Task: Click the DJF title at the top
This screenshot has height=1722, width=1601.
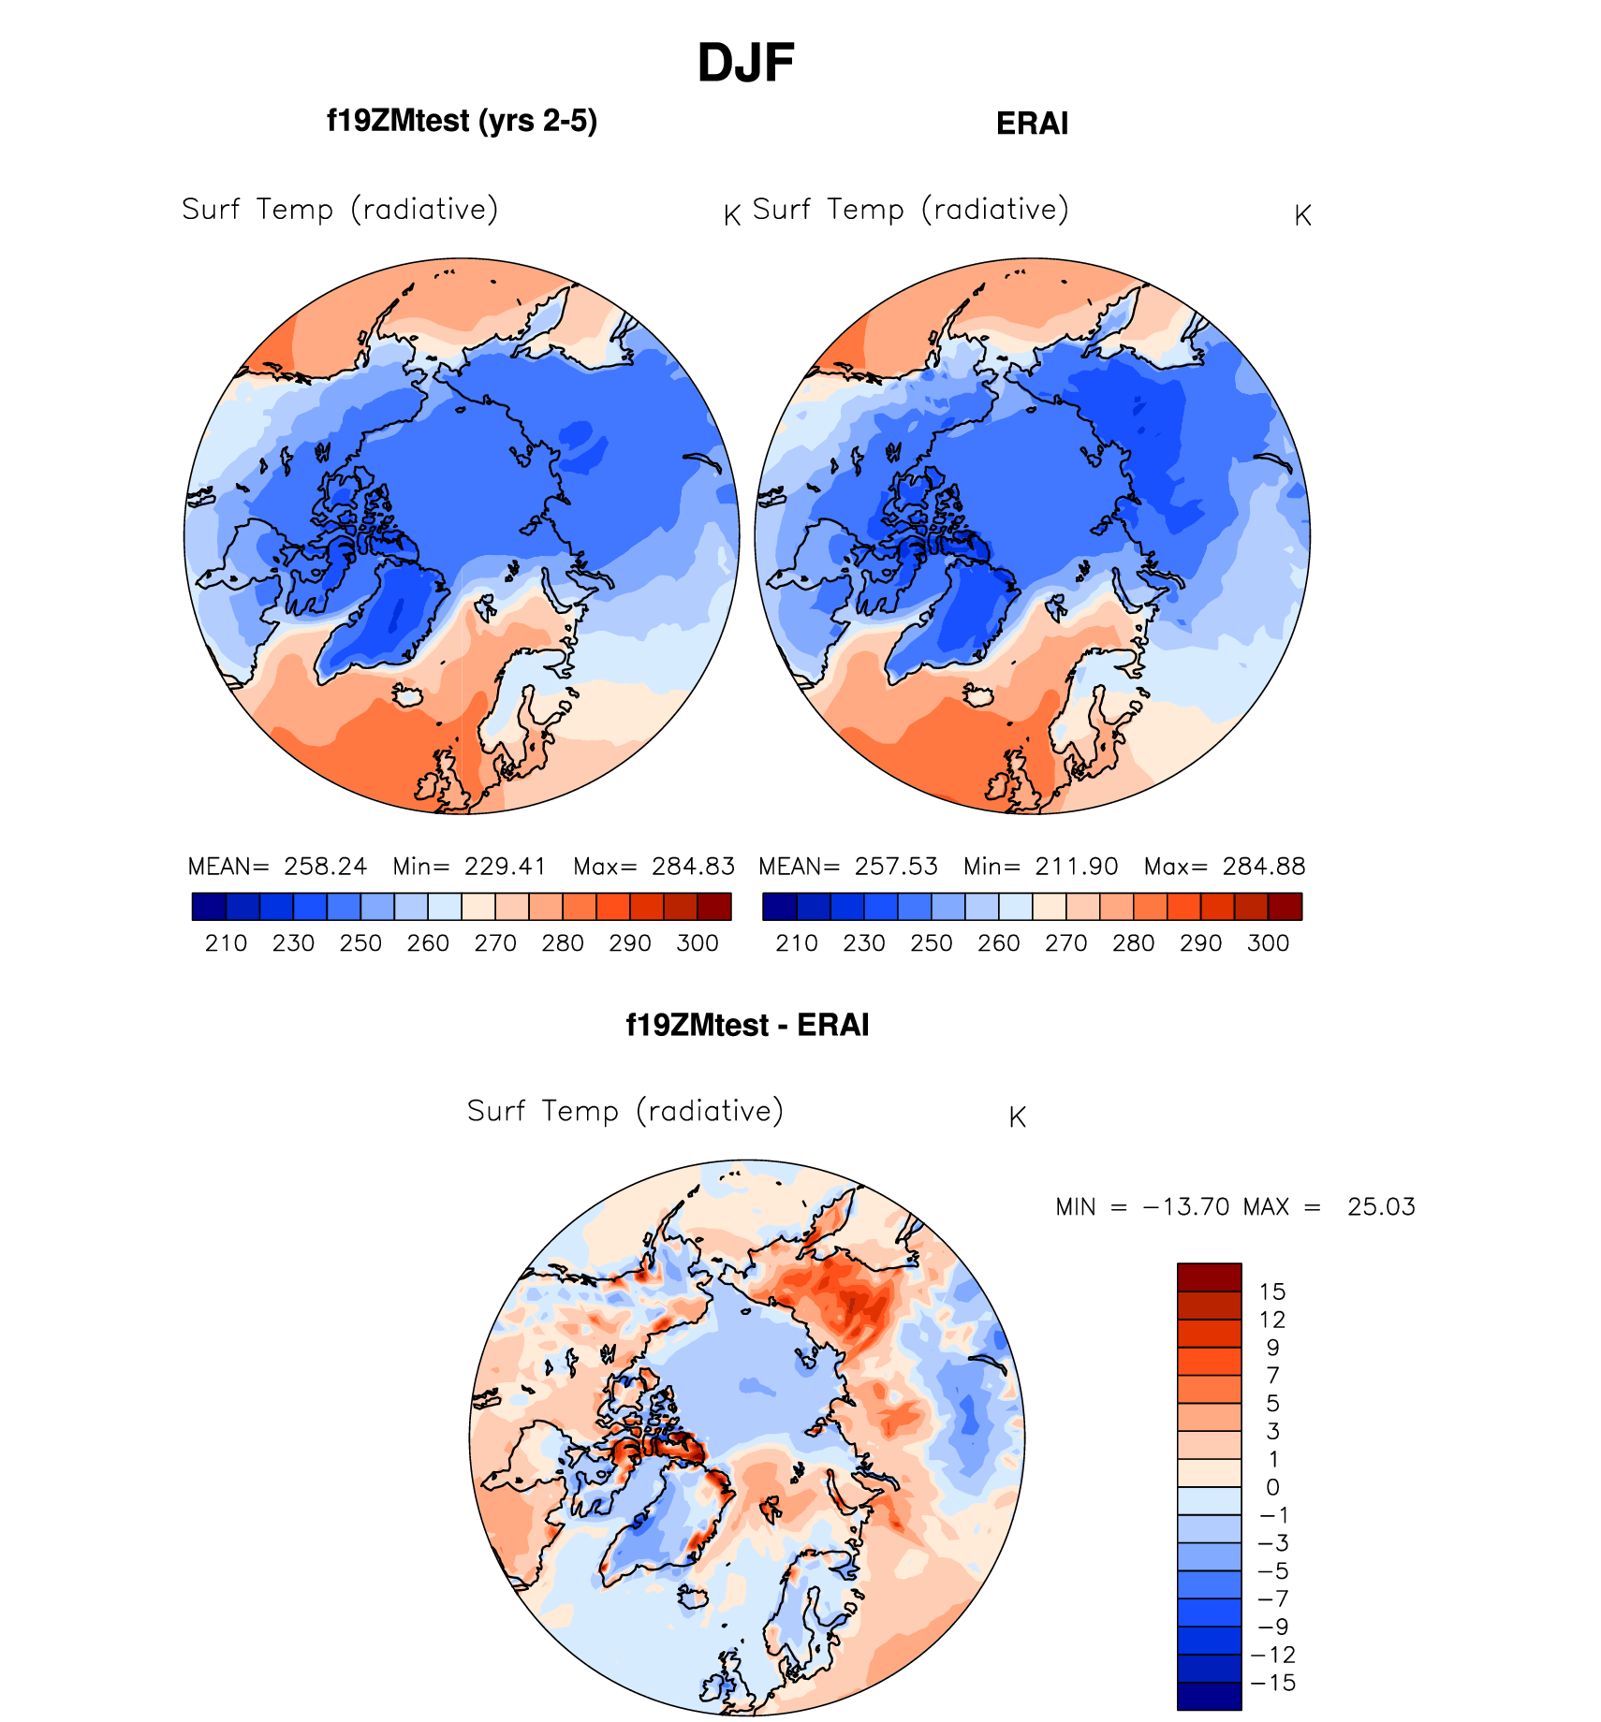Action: (x=745, y=64)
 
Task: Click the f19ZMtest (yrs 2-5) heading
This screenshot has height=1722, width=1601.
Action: (x=462, y=121)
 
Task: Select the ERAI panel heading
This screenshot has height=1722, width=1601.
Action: (x=1032, y=124)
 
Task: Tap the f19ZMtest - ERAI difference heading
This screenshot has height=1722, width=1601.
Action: (x=747, y=1025)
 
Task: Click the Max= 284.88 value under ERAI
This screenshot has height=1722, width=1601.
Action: (x=1225, y=867)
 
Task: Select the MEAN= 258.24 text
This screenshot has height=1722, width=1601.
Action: (x=278, y=867)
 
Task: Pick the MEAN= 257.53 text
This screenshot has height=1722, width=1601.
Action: (x=848, y=867)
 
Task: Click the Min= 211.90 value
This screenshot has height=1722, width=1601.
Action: (x=1040, y=867)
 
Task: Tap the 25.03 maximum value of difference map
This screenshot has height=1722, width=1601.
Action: (x=1381, y=1207)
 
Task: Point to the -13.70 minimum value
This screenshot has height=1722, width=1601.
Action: (x=1186, y=1207)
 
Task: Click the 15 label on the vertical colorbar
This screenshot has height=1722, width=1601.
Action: (x=1272, y=1292)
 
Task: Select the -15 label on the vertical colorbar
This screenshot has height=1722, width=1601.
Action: (x=1272, y=1684)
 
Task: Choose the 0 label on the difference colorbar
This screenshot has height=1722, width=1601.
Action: (x=1272, y=1488)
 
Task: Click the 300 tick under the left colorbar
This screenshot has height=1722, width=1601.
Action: (x=698, y=943)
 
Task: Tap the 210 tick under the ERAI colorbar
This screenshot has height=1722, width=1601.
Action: (x=797, y=943)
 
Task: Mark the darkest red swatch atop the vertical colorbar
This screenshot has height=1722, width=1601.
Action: (x=1209, y=1277)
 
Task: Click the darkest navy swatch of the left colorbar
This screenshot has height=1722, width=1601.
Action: (x=209, y=907)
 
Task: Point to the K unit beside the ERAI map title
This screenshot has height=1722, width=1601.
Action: (x=1302, y=216)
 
